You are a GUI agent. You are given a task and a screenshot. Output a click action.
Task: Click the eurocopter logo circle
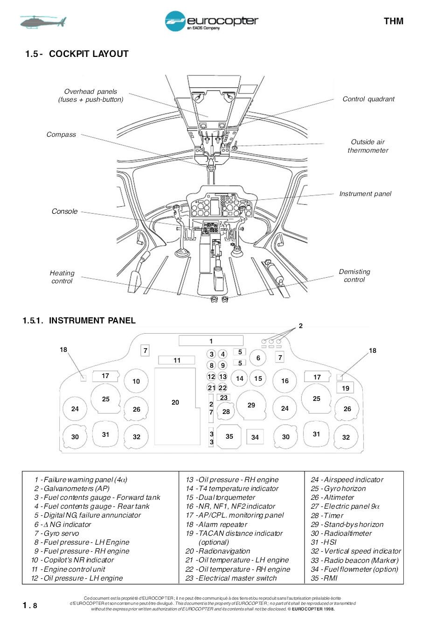pyautogui.click(x=175, y=21)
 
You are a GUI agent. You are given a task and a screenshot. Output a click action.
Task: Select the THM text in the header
pyautogui.click(x=393, y=21)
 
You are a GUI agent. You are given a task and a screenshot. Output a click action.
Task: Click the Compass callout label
pyautogui.click(x=61, y=134)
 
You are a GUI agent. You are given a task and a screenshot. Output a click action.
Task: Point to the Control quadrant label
pyautogui.click(x=368, y=99)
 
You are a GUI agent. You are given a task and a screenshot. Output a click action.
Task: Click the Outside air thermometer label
pyautogui.click(x=368, y=146)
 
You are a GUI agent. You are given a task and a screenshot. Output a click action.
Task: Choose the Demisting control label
pyautogui.click(x=354, y=275)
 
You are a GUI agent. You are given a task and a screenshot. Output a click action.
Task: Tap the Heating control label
pyautogui.click(x=62, y=277)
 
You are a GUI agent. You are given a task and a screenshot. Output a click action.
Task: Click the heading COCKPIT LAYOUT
pyautogui.click(x=89, y=54)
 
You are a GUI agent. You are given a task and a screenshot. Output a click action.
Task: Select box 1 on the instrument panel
pyautogui.click(x=211, y=341)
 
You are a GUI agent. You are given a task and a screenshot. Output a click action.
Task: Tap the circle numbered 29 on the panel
pyautogui.click(x=251, y=405)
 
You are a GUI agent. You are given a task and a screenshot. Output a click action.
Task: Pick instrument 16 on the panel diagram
pyautogui.click(x=285, y=381)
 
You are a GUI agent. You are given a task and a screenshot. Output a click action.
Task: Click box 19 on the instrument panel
pyautogui.click(x=345, y=388)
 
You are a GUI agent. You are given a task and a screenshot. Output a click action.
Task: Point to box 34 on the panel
pyautogui.click(x=255, y=437)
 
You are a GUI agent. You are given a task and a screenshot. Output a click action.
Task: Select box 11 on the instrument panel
pyautogui.click(x=177, y=360)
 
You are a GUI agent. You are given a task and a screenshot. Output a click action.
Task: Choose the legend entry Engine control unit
pyautogui.click(x=69, y=569)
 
